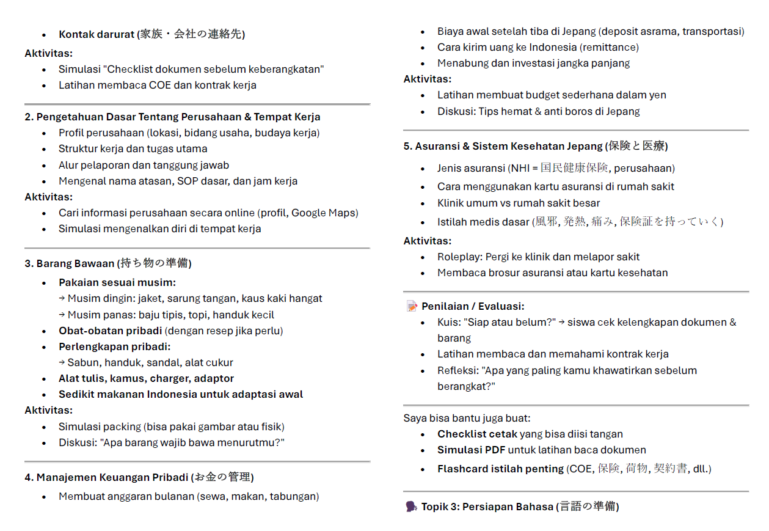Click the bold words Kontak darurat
point(96,34)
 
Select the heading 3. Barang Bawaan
point(69,263)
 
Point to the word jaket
point(150,298)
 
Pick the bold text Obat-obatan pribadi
point(111,331)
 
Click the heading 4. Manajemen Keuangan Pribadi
point(106,477)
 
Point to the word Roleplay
point(459,257)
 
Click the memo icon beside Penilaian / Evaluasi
point(412,306)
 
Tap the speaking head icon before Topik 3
point(411,507)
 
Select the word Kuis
point(448,322)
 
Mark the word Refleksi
point(457,370)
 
